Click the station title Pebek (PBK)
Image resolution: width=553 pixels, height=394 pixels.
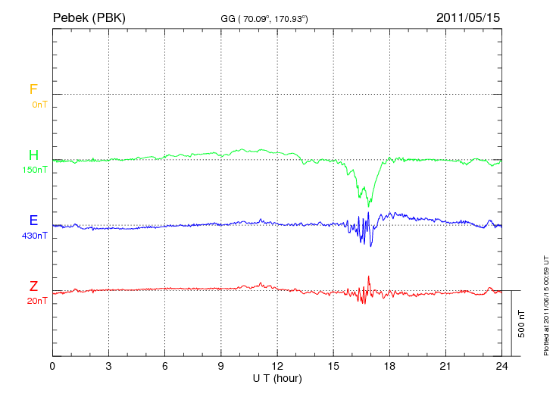point(89,17)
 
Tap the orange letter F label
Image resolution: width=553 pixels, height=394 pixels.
point(33,89)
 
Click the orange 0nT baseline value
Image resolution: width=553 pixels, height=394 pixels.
point(39,104)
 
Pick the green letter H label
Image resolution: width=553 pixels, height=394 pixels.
point(33,155)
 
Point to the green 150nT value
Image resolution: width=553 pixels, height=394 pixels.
point(36,170)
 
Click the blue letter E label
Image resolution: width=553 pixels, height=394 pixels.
point(33,220)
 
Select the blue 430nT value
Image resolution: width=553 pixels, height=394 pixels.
point(36,236)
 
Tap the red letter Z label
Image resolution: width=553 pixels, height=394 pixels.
point(33,286)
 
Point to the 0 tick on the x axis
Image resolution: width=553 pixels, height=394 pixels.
point(52,366)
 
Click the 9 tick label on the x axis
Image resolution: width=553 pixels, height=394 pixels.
point(221,366)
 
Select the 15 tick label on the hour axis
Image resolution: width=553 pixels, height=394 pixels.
point(333,366)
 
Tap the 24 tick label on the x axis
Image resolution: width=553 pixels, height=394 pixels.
point(501,366)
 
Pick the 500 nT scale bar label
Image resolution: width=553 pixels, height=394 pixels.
point(522,323)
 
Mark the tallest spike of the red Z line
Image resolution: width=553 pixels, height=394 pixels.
point(368,277)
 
